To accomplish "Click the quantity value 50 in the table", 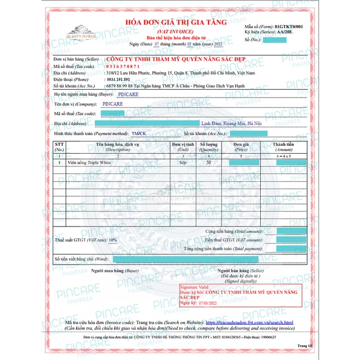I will (209, 162).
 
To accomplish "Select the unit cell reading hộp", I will (183, 162).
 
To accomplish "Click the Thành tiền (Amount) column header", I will (283, 146).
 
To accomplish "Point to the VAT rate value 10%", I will (113, 239).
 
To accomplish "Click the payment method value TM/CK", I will (139, 134).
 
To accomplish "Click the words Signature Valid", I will (194, 287).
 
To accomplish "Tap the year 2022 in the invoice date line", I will (215, 43).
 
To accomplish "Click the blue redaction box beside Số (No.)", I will (275, 40).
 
